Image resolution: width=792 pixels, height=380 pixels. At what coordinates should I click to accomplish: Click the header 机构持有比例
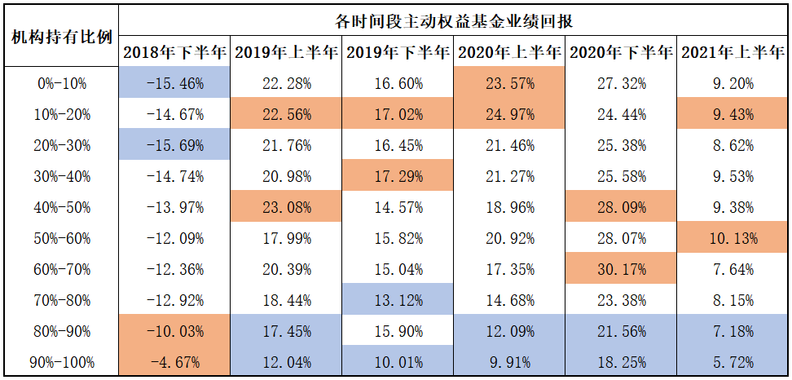tap(60, 38)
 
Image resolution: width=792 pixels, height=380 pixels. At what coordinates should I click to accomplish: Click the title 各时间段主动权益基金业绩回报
tap(454, 20)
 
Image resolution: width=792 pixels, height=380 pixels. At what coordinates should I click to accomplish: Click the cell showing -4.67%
tap(174, 363)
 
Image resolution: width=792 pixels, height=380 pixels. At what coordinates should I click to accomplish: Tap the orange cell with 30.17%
tap(622, 270)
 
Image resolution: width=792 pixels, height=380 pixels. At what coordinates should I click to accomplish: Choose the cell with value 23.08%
tap(285, 208)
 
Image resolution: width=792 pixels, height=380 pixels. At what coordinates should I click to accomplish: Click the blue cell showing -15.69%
tap(174, 145)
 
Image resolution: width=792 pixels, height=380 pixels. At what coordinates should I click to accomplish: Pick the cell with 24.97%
tap(509, 114)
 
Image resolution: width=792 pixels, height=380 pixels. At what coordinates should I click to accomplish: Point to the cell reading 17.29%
tap(397, 177)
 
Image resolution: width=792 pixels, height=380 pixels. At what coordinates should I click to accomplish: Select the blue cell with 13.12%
tap(397, 301)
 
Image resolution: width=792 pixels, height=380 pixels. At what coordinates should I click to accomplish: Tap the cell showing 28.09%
tap(622, 208)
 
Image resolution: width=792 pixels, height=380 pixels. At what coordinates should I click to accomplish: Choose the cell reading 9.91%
tap(509, 363)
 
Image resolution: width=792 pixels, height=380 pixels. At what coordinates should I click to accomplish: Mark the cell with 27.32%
tap(622, 83)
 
